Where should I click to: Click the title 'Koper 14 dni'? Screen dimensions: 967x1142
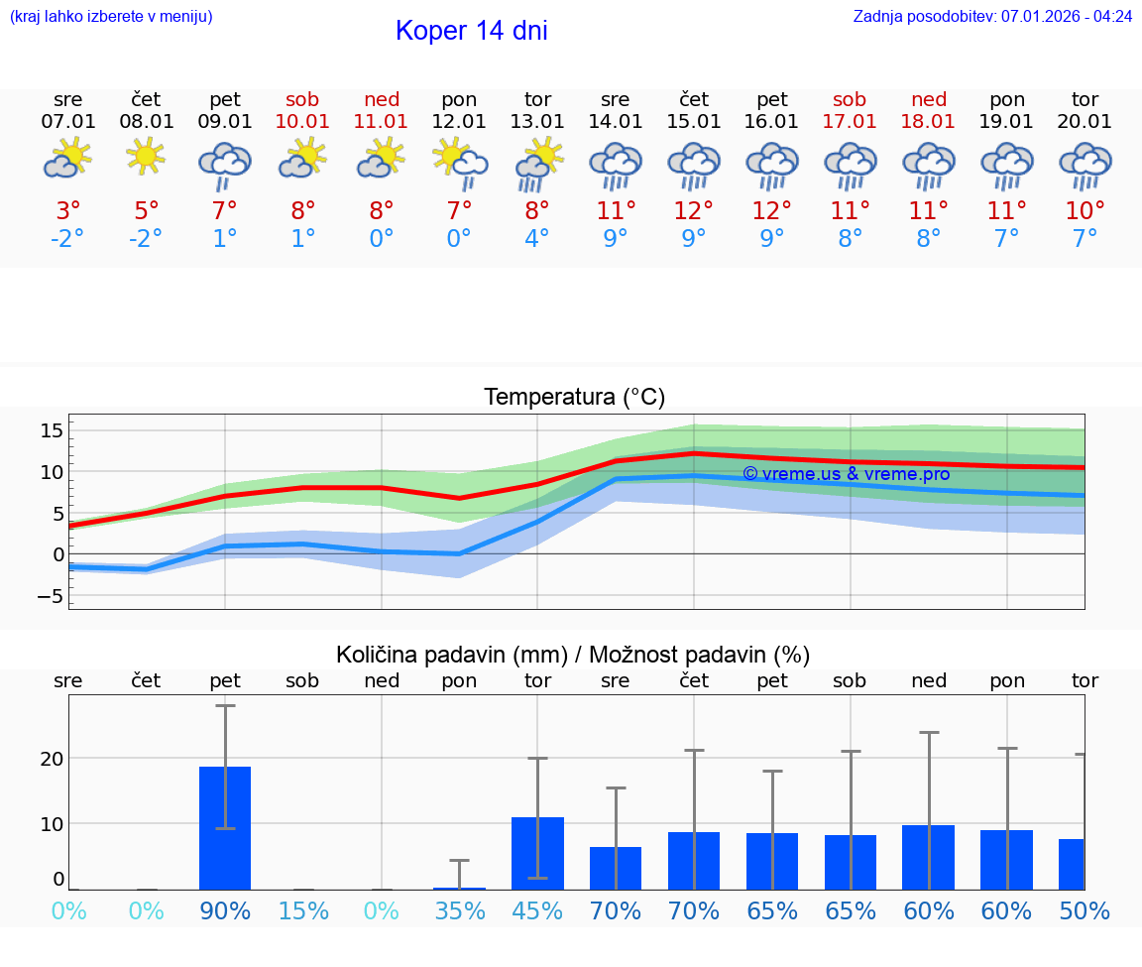pyautogui.click(x=471, y=31)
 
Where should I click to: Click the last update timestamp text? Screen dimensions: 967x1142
pyautogui.click(x=992, y=17)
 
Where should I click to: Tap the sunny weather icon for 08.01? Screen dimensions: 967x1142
pyautogui.click(x=147, y=157)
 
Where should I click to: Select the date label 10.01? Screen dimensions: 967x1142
pyautogui.click(x=303, y=122)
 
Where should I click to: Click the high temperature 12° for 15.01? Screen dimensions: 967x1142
pyautogui.click(x=694, y=211)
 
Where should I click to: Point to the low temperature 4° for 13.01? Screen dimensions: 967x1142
pyautogui.click(x=537, y=239)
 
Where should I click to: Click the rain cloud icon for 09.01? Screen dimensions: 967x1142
pyautogui.click(x=225, y=164)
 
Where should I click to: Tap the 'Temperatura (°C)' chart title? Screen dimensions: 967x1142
pyautogui.click(x=574, y=398)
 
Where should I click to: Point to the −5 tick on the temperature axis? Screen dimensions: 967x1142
pyautogui.click(x=49, y=596)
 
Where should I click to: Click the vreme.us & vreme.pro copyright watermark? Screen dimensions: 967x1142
pyautogui.click(x=846, y=474)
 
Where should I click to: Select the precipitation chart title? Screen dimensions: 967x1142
pyautogui.click(x=573, y=655)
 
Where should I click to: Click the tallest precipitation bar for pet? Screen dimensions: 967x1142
pyautogui.click(x=225, y=828)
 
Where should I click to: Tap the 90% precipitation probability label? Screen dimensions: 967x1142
pyautogui.click(x=225, y=911)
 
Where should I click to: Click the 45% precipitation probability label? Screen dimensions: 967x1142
pyautogui.click(x=537, y=911)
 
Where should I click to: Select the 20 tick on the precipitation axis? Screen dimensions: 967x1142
pyautogui.click(x=53, y=759)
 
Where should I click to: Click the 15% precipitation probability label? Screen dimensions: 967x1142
pyautogui.click(x=303, y=911)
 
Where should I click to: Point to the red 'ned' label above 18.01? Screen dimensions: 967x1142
pyautogui.click(x=929, y=99)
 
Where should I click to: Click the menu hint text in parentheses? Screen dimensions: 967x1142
pyautogui.click(x=111, y=17)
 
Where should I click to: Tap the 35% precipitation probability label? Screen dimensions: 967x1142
pyautogui.click(x=459, y=911)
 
